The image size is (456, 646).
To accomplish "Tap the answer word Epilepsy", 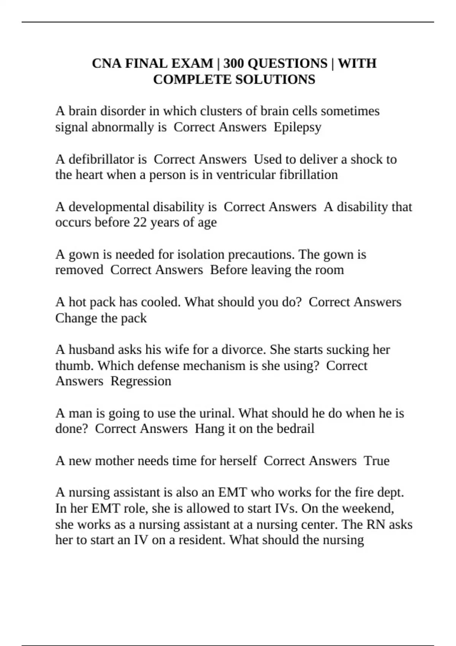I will (297, 127).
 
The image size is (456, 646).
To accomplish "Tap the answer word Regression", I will (141, 381).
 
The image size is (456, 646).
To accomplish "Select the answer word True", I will (376, 461).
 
